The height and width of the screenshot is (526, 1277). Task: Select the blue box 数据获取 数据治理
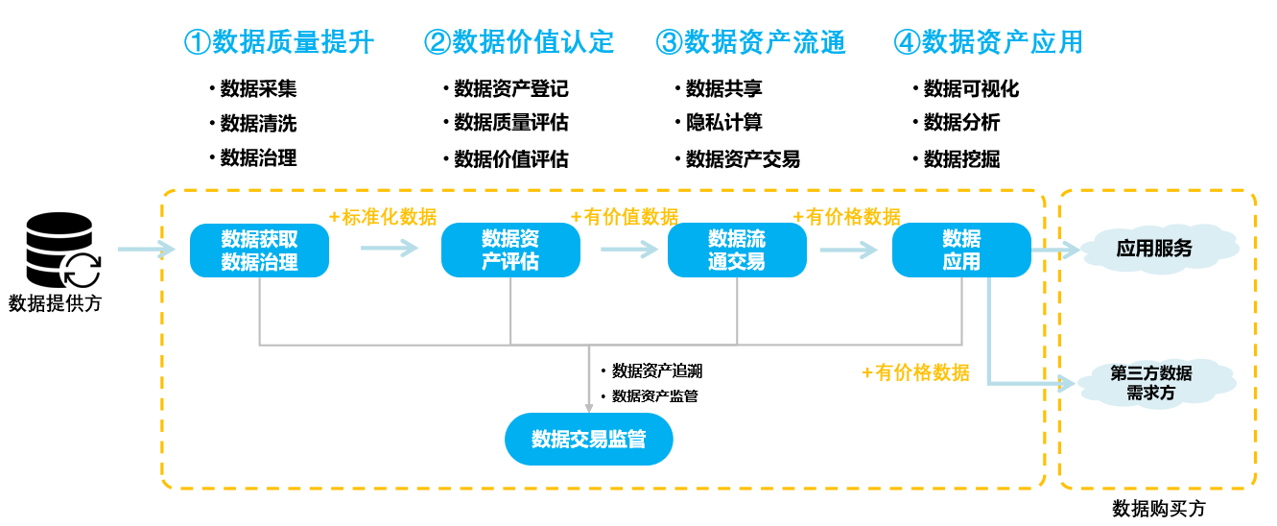tap(259, 251)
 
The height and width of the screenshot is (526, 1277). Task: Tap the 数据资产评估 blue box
tap(510, 251)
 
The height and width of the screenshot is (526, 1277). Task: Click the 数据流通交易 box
tap(737, 251)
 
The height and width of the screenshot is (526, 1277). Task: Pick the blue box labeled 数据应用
tap(961, 251)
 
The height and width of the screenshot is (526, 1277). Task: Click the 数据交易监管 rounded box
tap(588, 440)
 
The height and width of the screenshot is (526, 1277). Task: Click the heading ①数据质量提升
tap(278, 42)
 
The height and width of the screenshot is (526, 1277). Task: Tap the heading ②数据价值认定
tap(519, 42)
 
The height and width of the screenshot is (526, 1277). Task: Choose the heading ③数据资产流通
tap(751, 42)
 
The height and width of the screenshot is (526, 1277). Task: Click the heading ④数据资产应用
tap(988, 42)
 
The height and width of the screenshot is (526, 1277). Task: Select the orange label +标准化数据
tap(383, 217)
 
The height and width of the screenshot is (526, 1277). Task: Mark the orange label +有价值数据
tap(625, 217)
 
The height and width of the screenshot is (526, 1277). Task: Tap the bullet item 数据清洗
tap(258, 124)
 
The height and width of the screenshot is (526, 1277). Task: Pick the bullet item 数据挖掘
tap(961, 159)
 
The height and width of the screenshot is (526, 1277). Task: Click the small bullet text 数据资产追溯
tap(657, 371)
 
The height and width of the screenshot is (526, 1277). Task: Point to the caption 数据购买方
tap(1158, 509)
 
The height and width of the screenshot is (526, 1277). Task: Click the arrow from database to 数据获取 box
tap(147, 251)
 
